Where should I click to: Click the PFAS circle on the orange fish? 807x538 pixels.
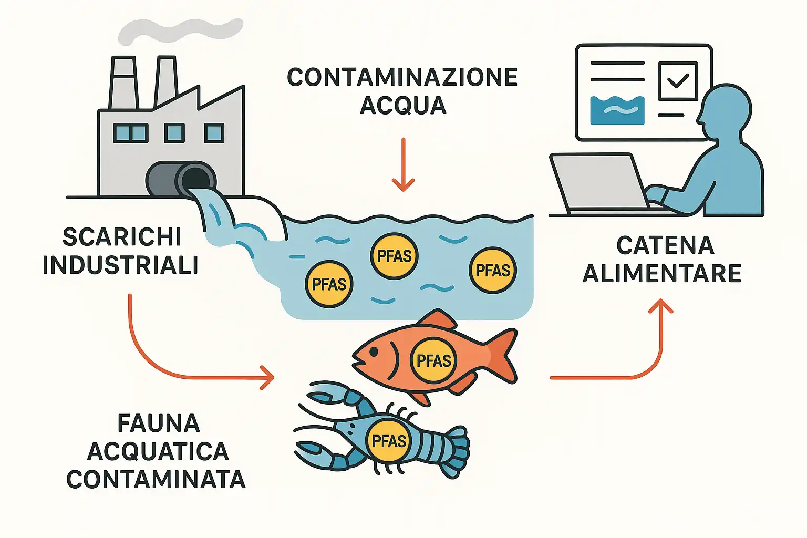click(x=433, y=360)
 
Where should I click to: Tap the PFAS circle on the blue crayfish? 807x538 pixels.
click(x=389, y=440)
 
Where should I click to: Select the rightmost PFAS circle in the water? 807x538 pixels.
click(x=492, y=270)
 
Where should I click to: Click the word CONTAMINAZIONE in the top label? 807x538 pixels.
click(x=402, y=77)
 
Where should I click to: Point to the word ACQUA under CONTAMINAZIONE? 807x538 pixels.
click(x=403, y=105)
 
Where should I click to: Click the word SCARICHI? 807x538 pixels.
click(x=122, y=237)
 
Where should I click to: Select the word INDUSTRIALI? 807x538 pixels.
click(x=121, y=265)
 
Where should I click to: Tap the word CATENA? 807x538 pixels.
click(x=665, y=245)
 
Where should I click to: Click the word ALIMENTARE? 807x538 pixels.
click(x=662, y=274)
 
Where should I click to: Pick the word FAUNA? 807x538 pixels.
click(x=158, y=423)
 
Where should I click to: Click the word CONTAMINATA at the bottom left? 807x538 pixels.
click(x=156, y=479)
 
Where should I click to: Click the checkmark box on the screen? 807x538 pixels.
click(x=677, y=80)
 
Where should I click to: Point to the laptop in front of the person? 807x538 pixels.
click(x=599, y=181)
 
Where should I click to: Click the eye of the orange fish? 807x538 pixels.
click(x=373, y=351)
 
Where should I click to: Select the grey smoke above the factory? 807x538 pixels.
click(x=179, y=32)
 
